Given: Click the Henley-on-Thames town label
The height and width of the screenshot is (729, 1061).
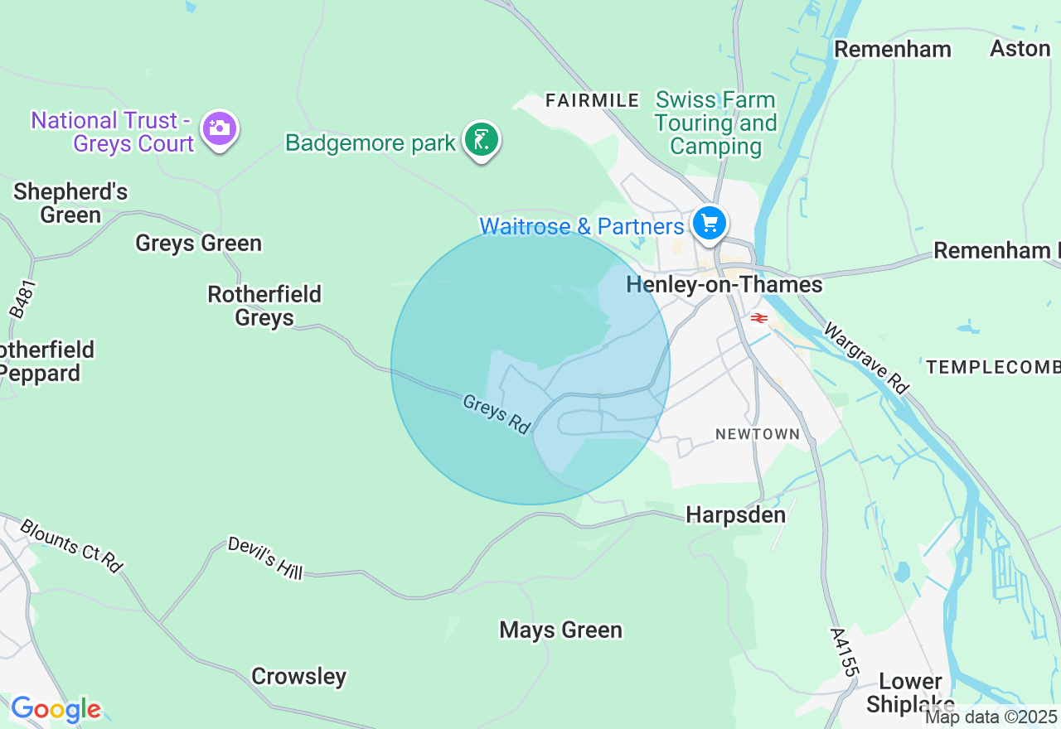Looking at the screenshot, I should (x=724, y=285).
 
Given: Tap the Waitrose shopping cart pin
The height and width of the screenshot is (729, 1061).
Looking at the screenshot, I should (x=710, y=223).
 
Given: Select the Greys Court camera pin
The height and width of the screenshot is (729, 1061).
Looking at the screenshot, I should (x=220, y=128).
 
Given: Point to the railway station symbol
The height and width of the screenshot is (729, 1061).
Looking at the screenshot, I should (x=758, y=317).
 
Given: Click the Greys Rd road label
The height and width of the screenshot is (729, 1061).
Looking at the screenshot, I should (x=497, y=414).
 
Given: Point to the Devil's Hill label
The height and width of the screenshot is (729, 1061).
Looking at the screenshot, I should (x=265, y=558).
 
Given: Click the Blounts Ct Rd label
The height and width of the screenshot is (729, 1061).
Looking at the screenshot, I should (x=71, y=546).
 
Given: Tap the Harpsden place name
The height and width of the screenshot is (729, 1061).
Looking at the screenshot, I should (x=735, y=515).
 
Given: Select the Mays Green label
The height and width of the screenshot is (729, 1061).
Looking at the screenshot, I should (x=560, y=630).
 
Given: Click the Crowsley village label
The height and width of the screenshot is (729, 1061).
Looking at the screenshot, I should (x=298, y=677).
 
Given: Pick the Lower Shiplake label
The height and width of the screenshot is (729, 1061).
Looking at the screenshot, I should (x=910, y=693).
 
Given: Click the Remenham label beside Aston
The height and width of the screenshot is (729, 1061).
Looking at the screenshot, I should (x=892, y=49).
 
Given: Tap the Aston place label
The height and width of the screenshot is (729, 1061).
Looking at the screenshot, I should (x=1020, y=49).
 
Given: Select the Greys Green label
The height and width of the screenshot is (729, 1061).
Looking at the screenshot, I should (x=198, y=244).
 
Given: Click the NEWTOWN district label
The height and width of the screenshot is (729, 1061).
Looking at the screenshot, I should (x=758, y=434).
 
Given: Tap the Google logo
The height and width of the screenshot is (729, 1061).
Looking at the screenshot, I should (x=56, y=709).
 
